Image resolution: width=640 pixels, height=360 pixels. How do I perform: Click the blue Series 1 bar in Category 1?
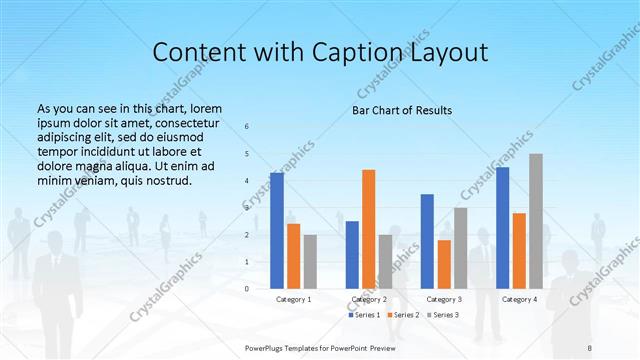pos(277,231)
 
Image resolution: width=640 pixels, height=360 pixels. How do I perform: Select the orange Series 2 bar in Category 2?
pos(368,229)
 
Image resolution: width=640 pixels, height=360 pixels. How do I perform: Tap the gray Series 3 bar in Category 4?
pos(536,221)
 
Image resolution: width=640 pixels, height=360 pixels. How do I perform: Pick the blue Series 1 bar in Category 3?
pos(427,241)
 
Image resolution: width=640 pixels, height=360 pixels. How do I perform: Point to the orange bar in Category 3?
pos(443,264)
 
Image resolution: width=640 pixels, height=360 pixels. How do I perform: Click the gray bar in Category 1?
pos(310,262)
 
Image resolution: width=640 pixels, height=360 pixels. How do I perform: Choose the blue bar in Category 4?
pos(502,228)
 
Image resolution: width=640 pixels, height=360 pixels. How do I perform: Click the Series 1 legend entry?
pos(365,315)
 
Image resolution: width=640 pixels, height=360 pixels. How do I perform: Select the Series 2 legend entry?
pos(403,315)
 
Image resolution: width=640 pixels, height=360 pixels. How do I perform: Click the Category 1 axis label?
pos(293,299)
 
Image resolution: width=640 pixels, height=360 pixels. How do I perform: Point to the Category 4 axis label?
pos(519,299)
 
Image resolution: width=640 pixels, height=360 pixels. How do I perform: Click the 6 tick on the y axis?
pos(247,127)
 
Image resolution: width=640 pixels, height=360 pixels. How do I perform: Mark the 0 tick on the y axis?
pos(247,289)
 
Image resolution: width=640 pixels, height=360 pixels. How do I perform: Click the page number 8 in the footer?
pos(590,348)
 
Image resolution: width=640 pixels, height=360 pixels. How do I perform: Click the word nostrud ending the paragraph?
pos(166,181)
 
